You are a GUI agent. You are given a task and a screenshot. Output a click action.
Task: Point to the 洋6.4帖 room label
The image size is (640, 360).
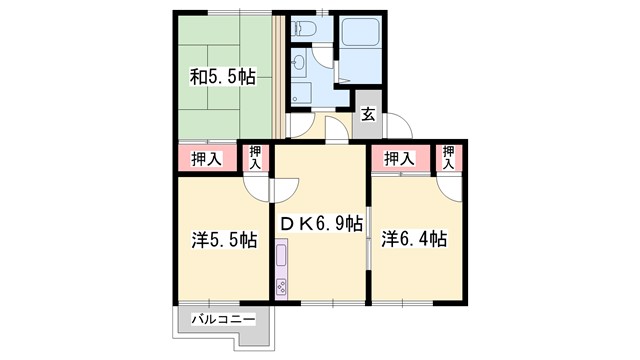click(413, 240)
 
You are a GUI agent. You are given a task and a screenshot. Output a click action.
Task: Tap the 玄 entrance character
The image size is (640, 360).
click(367, 113)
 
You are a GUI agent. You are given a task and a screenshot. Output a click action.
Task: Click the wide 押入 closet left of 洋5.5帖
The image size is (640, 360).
click(207, 159)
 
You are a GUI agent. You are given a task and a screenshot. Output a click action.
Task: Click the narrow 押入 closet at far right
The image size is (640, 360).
click(449, 158)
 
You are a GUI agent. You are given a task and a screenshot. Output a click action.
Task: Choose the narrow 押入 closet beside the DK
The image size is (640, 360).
click(256, 158)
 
